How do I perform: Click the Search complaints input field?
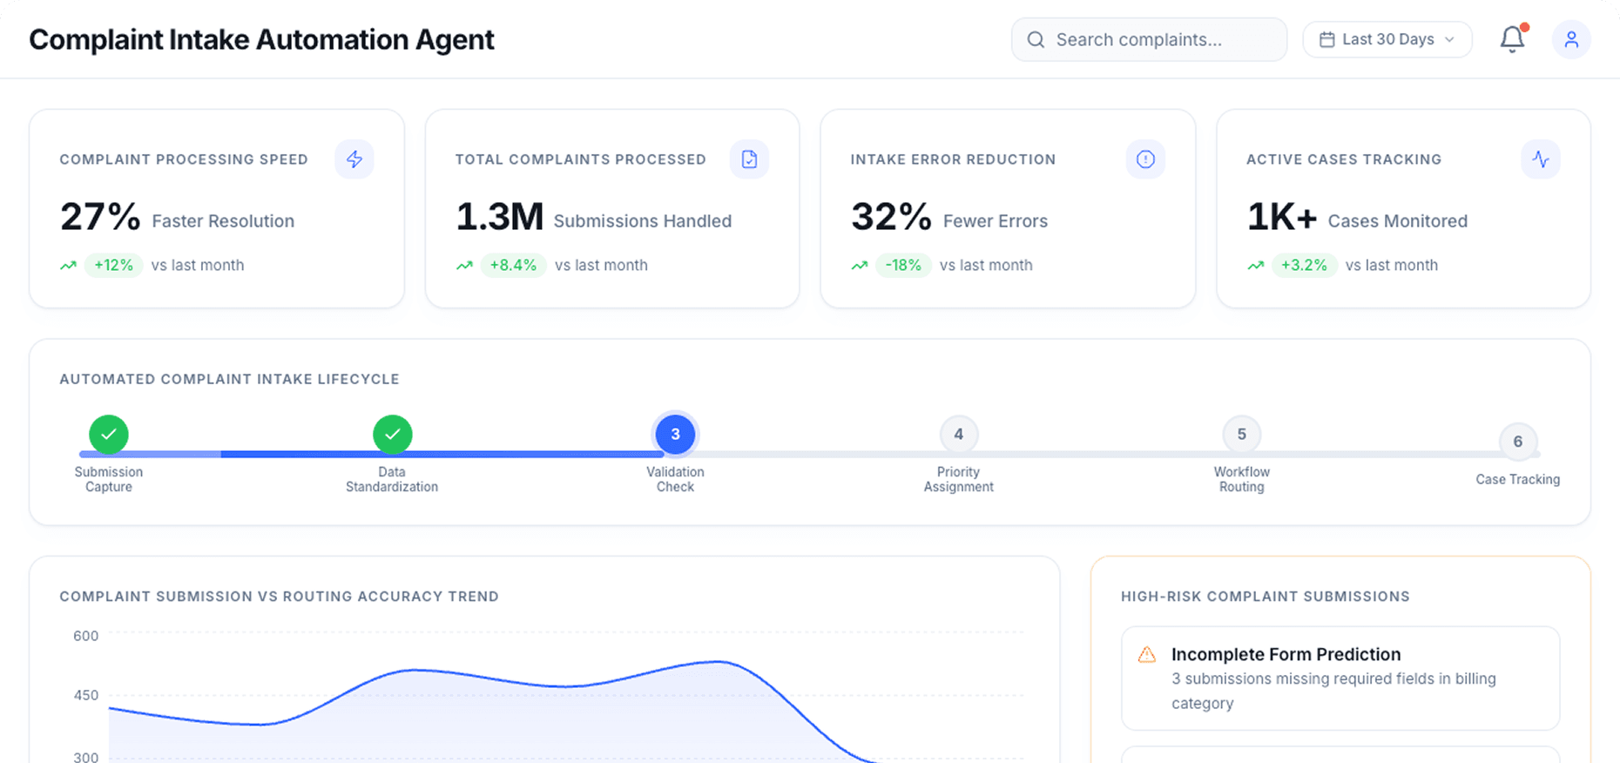[1148, 40]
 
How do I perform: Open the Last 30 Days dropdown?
[1387, 40]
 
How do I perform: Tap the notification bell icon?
[1512, 39]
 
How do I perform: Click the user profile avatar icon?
[1571, 40]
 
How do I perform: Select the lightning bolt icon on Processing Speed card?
[354, 159]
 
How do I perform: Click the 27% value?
[100, 217]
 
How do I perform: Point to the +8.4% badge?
[513, 266]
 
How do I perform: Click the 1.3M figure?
[499, 217]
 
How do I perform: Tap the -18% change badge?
[903, 266]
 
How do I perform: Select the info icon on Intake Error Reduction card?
[1145, 159]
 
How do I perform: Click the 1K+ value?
[1281, 217]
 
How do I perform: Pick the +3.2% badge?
[1304, 266]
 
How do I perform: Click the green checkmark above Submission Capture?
[109, 434]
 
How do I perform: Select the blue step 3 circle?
[675, 434]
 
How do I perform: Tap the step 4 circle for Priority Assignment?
[958, 434]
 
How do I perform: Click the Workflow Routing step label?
[1241, 479]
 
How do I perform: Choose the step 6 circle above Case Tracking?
[1517, 442]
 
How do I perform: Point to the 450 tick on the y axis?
[86, 695]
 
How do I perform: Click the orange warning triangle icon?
[1147, 655]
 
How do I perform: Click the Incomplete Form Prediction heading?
[1286, 654]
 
